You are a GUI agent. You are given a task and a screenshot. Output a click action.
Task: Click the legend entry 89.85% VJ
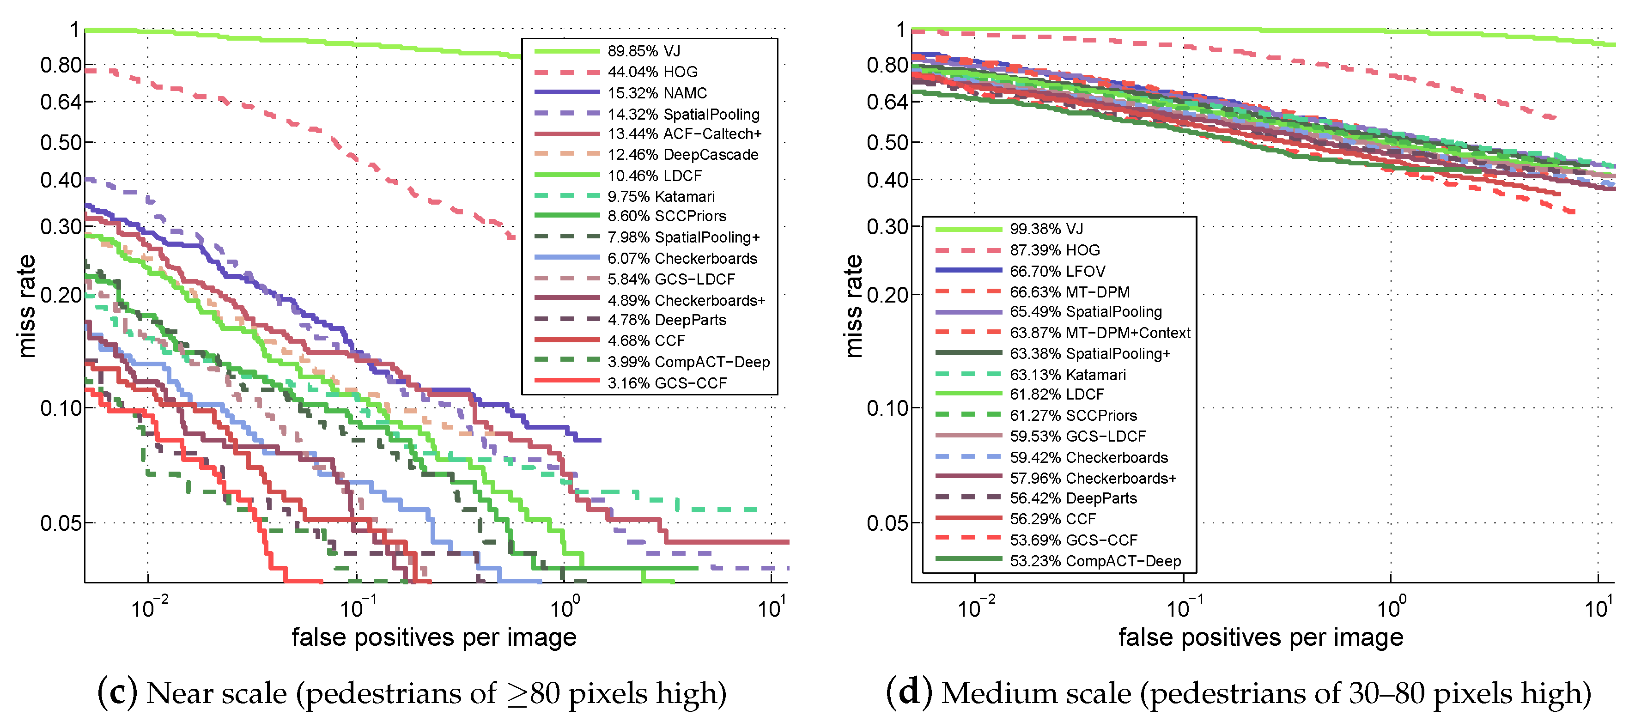coord(644,51)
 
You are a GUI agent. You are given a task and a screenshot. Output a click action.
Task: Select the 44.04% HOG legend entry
coord(652,72)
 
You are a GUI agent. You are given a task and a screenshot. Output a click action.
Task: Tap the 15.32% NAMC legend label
coord(657,93)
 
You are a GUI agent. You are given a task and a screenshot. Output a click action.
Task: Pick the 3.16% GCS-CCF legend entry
coord(667,383)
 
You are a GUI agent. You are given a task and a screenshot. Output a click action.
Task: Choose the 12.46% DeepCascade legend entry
coord(683,154)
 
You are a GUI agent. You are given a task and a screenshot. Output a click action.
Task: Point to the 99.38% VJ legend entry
coord(1046,229)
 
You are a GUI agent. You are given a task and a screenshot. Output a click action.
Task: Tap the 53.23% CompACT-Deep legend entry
coord(1095,561)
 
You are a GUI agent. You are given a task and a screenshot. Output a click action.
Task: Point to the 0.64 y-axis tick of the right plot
coord(887,102)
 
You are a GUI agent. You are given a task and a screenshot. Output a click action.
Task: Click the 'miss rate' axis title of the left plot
coord(27,306)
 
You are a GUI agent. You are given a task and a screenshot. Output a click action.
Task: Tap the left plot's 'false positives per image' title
coord(434,637)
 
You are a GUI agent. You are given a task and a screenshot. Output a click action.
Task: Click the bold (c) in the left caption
coord(117,692)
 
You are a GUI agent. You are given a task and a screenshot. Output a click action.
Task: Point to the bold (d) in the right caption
coord(909,692)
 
